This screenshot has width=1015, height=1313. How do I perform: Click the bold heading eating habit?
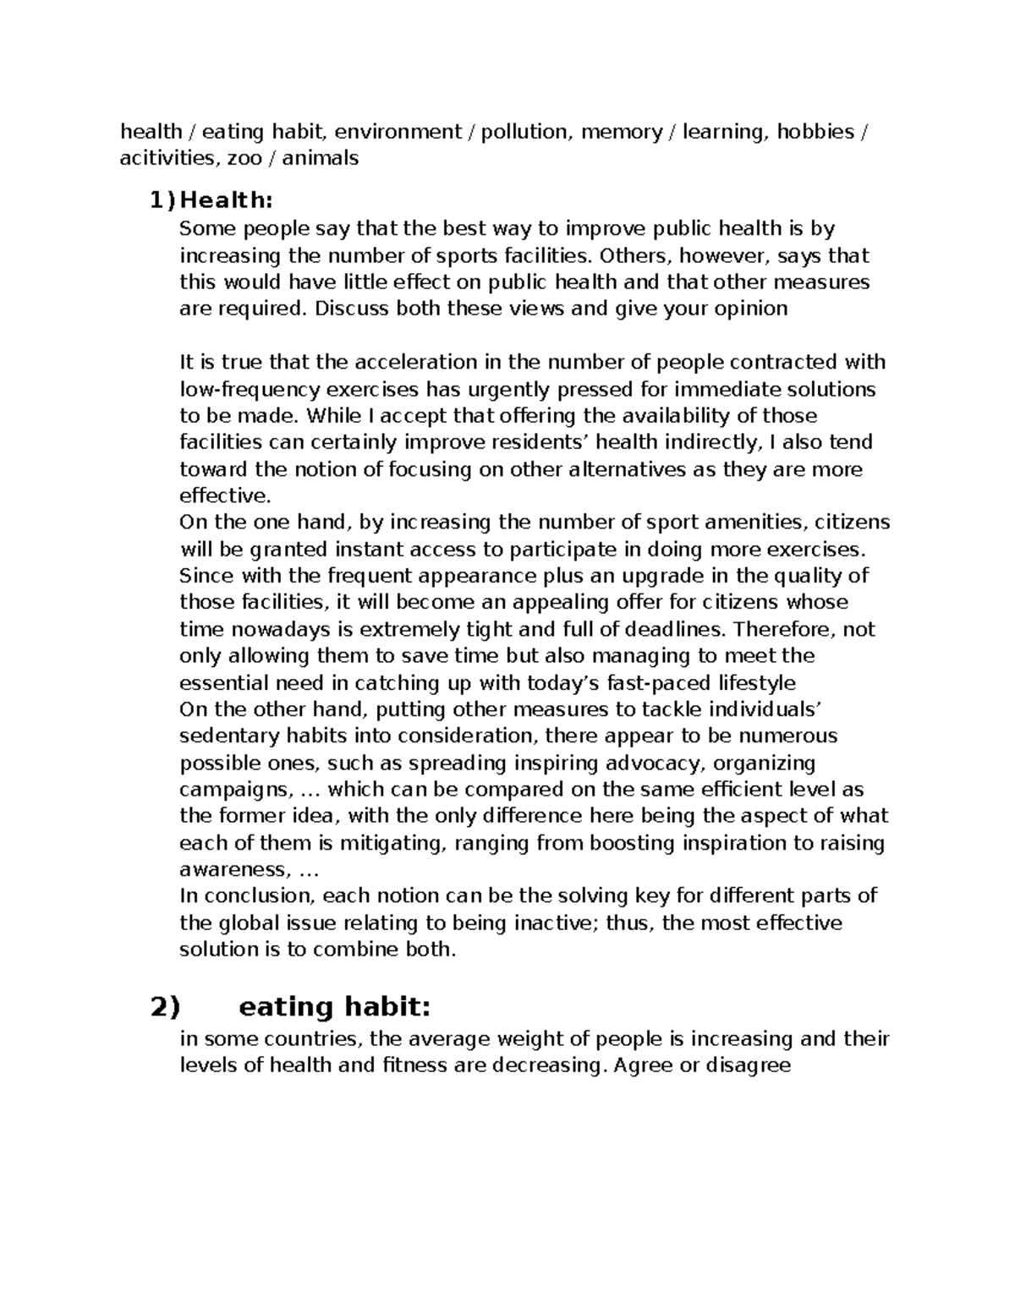coord(335,1007)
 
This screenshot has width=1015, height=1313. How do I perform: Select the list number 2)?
coord(166,1007)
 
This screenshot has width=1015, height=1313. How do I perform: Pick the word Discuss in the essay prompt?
coord(348,308)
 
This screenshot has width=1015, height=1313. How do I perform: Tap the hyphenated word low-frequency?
coord(250,390)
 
